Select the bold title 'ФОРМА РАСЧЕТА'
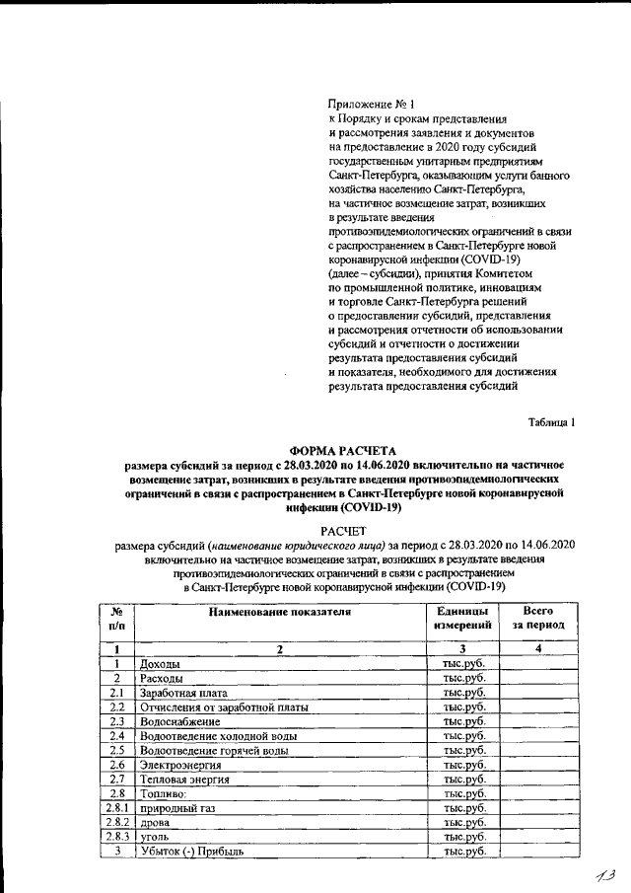[342, 447]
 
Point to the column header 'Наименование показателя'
[279, 612]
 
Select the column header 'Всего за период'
[537, 619]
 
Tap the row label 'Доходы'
[161, 664]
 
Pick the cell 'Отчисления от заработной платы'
[225, 707]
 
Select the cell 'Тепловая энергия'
[185, 780]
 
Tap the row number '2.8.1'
[116, 808]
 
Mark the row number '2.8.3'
[116, 837]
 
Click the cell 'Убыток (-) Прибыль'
[191, 851]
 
